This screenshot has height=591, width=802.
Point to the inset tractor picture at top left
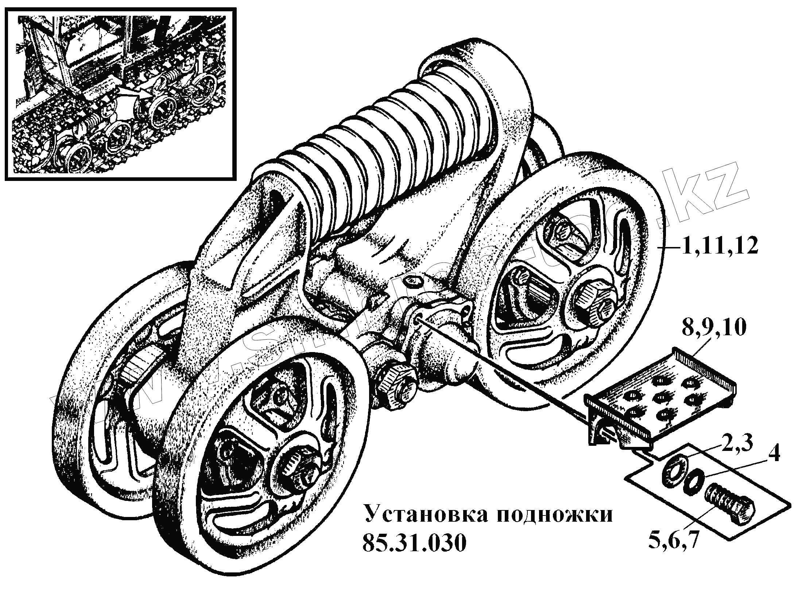coord(120,93)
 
